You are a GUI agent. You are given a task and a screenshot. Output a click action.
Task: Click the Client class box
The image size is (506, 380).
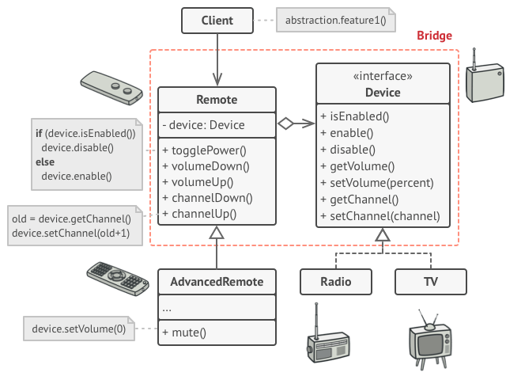(217, 21)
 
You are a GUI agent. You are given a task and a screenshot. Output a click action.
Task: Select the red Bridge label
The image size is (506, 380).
(434, 36)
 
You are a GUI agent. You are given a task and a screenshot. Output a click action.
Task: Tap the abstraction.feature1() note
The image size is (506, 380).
(336, 21)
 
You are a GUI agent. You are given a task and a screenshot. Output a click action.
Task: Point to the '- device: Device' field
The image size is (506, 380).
(203, 124)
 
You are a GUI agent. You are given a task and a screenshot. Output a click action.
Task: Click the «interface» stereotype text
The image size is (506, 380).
(383, 77)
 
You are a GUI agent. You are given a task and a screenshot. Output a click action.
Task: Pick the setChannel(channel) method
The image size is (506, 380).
(380, 216)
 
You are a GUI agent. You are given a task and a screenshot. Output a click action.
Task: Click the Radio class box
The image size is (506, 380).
(336, 282)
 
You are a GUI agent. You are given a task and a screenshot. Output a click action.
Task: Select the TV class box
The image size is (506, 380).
(430, 282)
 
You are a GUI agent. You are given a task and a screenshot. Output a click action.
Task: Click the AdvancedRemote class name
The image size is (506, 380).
(217, 282)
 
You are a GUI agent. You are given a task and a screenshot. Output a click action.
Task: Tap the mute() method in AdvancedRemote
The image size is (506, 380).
(184, 332)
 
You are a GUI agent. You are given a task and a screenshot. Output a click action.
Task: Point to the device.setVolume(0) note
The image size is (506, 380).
(78, 329)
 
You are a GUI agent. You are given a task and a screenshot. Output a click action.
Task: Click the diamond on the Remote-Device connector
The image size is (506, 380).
(285, 123)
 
